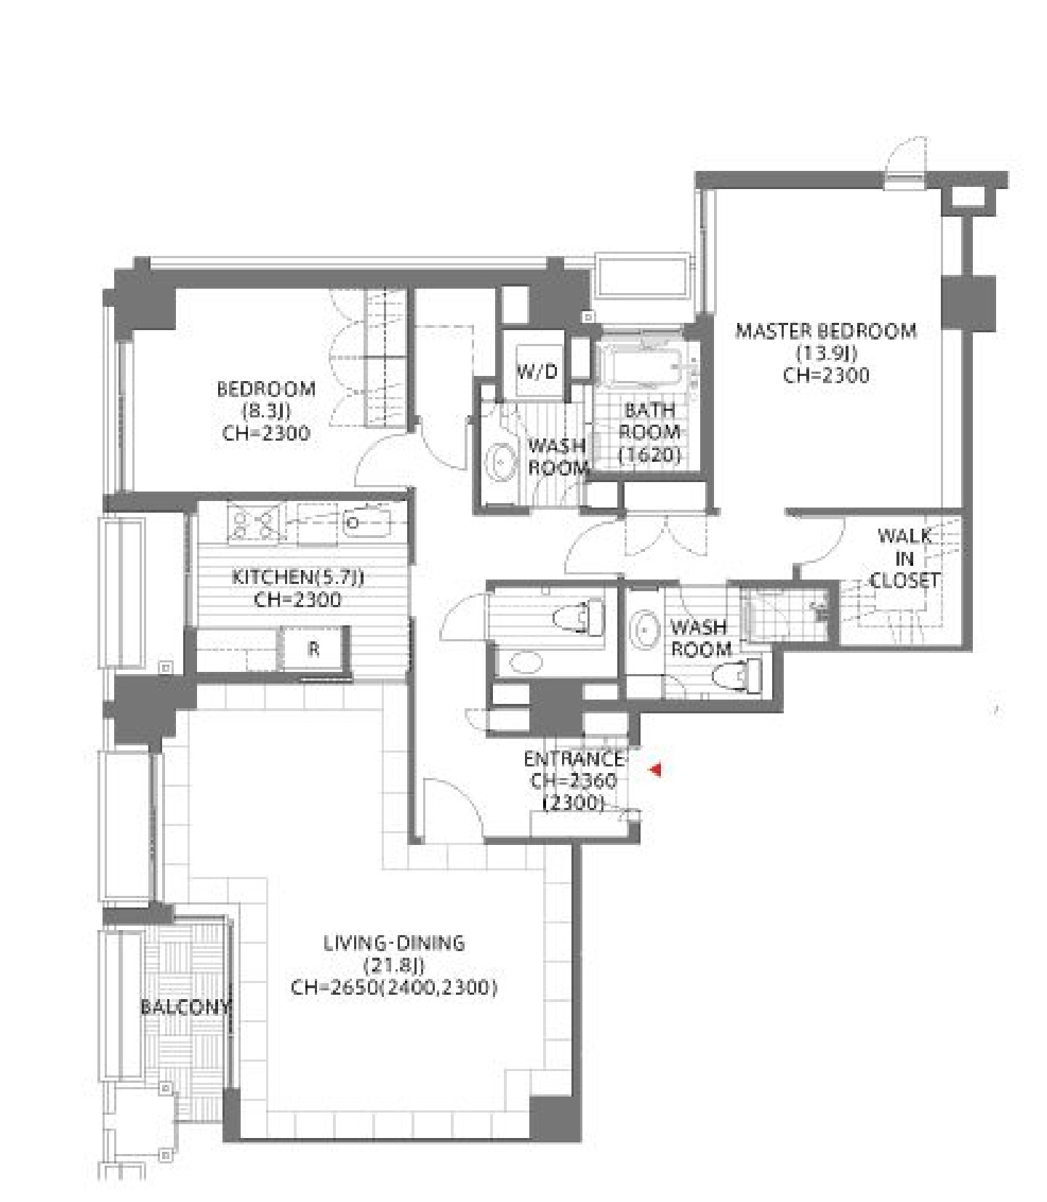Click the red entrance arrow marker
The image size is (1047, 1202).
(655, 769)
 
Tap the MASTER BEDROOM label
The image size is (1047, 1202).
(826, 331)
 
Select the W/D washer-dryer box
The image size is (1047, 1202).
(537, 372)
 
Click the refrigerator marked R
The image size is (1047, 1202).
(313, 649)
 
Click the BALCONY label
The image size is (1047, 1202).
(185, 1007)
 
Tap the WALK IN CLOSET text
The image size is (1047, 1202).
(904, 558)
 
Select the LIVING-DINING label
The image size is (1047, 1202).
(394, 943)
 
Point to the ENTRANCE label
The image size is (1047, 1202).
(574, 759)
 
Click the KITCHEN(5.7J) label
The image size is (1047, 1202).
(298, 577)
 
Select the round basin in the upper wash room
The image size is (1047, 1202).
(500, 461)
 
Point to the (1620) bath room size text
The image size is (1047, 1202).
(649, 455)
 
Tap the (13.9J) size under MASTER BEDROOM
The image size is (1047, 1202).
(827, 353)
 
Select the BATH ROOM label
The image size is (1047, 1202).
(650, 421)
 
